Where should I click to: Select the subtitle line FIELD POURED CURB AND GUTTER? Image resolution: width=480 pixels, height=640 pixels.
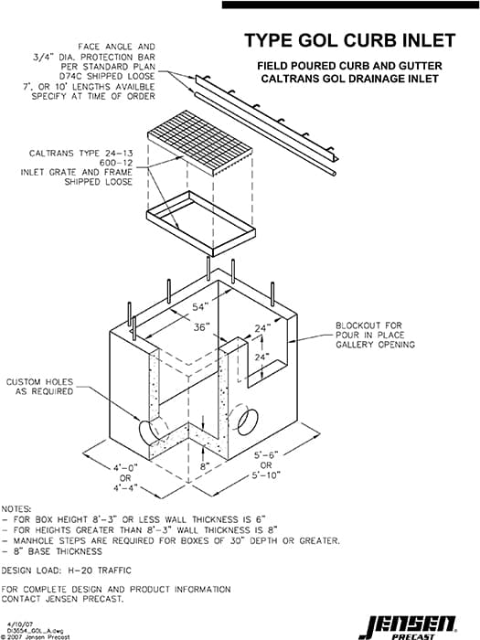[x=350, y=66]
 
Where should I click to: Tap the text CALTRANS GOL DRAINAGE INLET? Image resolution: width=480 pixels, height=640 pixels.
[x=350, y=79]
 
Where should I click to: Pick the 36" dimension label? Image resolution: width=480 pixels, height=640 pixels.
[x=200, y=327]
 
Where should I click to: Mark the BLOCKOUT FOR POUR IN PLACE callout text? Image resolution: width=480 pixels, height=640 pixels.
[x=375, y=335]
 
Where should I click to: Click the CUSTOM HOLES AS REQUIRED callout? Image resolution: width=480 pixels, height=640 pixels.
[x=39, y=386]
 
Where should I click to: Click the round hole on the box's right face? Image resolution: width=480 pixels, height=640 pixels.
[x=246, y=421]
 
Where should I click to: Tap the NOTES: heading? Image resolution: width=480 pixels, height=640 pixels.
[x=19, y=507]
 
